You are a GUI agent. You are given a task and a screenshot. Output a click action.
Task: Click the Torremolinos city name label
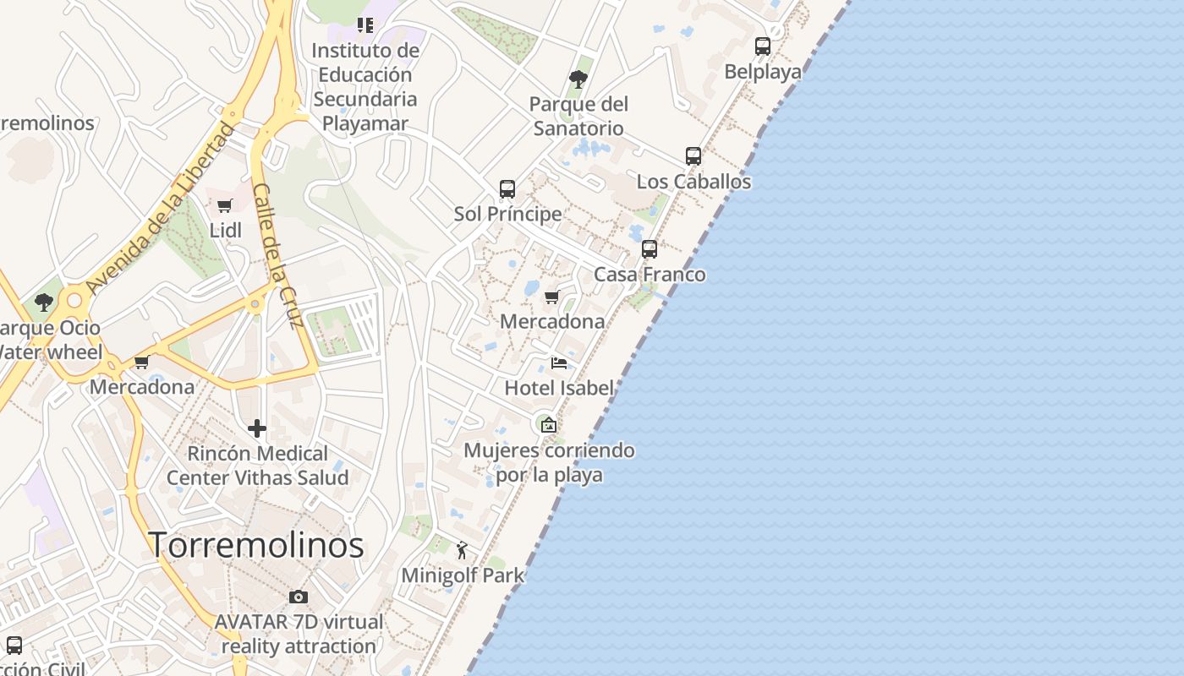pos(256,545)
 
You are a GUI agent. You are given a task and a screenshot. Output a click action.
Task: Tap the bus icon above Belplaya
pos(763,46)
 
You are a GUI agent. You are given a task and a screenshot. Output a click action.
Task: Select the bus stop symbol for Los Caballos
pos(693,156)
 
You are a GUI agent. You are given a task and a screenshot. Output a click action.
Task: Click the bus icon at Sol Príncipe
pos(507,189)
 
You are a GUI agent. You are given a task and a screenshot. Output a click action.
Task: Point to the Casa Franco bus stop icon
pos(650,249)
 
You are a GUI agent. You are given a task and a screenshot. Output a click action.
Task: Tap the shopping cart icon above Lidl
pos(225,205)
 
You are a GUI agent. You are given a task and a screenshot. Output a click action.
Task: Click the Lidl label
pos(226,230)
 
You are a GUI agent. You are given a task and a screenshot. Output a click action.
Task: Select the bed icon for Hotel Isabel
pos(559,363)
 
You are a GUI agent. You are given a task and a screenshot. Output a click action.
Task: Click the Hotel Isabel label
pos(559,388)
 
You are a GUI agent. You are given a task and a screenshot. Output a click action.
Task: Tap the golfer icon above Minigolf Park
pos(462,551)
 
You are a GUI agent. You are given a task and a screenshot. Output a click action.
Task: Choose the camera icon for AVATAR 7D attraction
pos(299,597)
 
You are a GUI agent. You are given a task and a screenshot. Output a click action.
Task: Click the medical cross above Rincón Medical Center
pos(257,428)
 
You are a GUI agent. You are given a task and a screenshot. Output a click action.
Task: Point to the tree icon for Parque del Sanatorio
pos(578,79)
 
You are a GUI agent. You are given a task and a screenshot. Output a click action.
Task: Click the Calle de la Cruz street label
pos(278,255)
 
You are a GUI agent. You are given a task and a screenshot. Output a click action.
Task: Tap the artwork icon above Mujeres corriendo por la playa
pos(549,424)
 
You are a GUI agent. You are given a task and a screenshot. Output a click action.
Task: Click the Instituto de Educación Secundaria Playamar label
pos(365,87)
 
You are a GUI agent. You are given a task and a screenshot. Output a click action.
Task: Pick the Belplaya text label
pos(763,72)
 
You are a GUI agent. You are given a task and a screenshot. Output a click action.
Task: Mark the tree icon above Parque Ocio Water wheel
pos(44,302)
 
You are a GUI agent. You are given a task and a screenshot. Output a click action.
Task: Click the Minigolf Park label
pos(463,575)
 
